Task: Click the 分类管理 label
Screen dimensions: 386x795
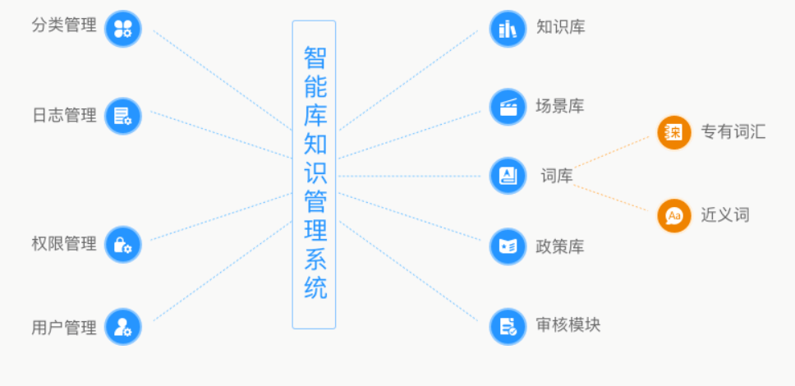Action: [x=64, y=25]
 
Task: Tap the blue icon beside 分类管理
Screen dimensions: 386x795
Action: [x=123, y=29]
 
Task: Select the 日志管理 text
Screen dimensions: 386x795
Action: [x=64, y=115]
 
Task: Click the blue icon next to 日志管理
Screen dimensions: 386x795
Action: [x=123, y=116]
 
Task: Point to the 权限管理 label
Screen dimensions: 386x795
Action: [x=64, y=244]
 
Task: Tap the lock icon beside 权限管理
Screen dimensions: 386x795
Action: [x=123, y=245]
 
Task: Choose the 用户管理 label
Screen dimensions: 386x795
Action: [x=64, y=328]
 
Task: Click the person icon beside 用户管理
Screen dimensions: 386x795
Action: [x=123, y=327]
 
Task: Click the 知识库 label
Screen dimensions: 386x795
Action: [x=560, y=26]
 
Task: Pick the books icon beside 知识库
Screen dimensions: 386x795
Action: [x=508, y=30]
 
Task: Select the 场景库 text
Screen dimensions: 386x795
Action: [x=560, y=106]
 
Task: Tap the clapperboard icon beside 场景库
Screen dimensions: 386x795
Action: [x=508, y=107]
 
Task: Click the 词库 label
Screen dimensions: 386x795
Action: [x=556, y=176]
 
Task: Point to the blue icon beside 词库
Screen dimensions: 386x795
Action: [x=508, y=176]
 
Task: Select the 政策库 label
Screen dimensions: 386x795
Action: [x=560, y=246]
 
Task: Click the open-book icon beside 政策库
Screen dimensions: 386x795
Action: [x=508, y=246]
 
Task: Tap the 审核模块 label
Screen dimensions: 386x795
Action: [x=568, y=324]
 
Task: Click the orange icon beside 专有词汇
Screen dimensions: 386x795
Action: [x=674, y=132]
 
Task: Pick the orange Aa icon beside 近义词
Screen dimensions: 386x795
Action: [x=674, y=216]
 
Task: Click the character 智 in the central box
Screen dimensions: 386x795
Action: [x=315, y=57]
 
